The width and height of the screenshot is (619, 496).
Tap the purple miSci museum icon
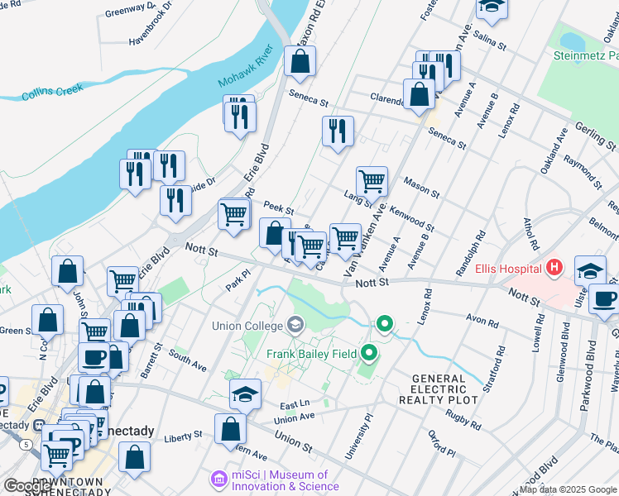(x=219, y=479)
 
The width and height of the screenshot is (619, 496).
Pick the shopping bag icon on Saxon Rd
(x=300, y=61)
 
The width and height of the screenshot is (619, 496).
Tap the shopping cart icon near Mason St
(x=372, y=180)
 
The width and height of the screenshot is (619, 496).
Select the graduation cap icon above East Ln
(x=245, y=393)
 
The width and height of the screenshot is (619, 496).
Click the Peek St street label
(x=278, y=207)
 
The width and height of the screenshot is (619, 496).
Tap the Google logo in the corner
(x=27, y=486)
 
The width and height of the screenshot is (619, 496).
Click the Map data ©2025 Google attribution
(x=568, y=489)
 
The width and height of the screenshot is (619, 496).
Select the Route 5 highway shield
(x=27, y=444)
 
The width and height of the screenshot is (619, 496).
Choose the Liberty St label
(x=183, y=435)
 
